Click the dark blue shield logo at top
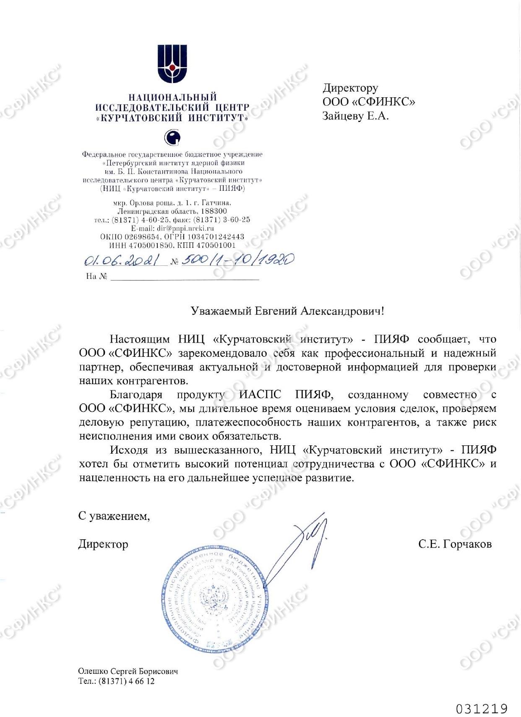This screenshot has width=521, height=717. [172, 63]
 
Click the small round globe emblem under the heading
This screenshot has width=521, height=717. [172, 137]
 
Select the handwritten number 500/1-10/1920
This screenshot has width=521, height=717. [237, 260]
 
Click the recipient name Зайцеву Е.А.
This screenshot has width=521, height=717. [355, 116]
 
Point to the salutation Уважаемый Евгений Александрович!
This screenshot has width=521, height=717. [287, 311]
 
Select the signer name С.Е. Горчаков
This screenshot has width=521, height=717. [455, 544]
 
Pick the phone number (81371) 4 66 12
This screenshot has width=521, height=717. [126, 681]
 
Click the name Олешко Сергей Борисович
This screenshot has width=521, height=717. [128, 671]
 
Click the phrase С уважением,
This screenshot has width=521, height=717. [114, 516]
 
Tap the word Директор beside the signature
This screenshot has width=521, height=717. [103, 544]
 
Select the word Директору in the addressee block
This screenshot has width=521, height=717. [350, 88]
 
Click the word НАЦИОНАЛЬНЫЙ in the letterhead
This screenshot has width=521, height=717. [172, 98]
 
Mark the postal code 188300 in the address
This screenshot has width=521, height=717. [214, 211]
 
